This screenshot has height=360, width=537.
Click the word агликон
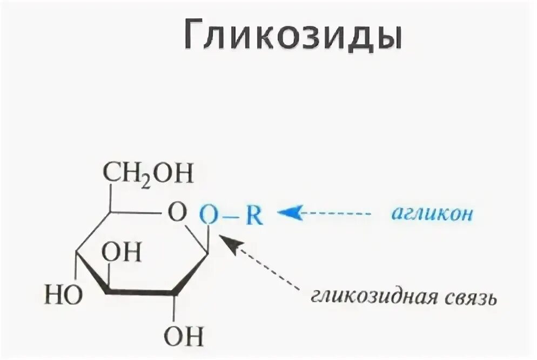pos(433,214)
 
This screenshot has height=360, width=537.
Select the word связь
pos(471,298)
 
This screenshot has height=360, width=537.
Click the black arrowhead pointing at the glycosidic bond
pos(229,243)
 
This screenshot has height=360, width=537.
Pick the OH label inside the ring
pos(124,252)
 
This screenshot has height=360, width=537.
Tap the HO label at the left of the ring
pos(63,295)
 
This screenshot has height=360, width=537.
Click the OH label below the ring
pos(183,337)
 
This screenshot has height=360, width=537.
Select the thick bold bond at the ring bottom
pos(140,292)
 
